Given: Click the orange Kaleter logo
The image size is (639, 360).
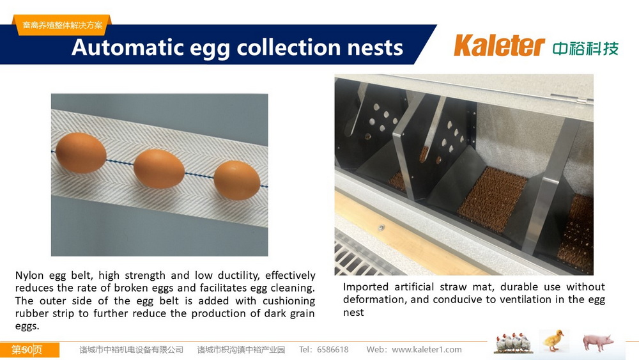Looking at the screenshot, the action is (x=499, y=45).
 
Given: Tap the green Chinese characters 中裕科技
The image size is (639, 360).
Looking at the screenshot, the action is (x=585, y=49).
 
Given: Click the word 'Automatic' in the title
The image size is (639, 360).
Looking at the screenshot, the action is (x=128, y=47).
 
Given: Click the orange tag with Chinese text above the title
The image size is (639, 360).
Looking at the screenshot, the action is (x=63, y=25).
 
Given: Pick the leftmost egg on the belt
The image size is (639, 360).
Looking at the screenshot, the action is (x=81, y=153).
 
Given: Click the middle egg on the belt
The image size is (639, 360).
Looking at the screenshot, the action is (x=159, y=168).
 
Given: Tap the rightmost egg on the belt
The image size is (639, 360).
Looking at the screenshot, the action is (x=237, y=180).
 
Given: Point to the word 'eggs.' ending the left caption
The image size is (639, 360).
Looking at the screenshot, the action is (x=27, y=327).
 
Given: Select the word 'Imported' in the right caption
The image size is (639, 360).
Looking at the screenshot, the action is (x=366, y=288).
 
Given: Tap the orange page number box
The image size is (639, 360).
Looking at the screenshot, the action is (x=29, y=350).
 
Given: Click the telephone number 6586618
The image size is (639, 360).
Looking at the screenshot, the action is (x=332, y=350).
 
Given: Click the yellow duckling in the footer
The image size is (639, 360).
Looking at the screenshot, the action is (x=555, y=341).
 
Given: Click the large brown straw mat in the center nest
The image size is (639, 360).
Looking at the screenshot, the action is (x=492, y=199).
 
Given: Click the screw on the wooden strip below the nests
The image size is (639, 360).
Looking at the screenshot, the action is (x=381, y=228).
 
